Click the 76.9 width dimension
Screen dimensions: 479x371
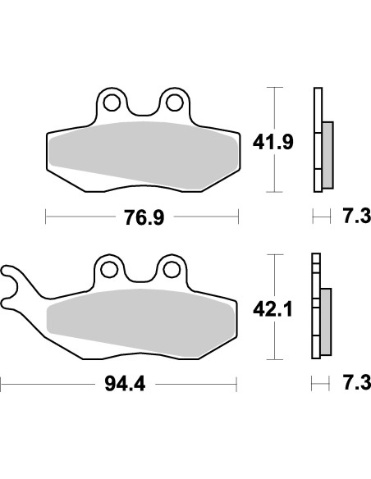tap(141, 217)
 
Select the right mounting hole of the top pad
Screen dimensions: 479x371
tap(173, 102)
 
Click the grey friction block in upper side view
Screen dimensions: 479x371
tap(327, 153)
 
